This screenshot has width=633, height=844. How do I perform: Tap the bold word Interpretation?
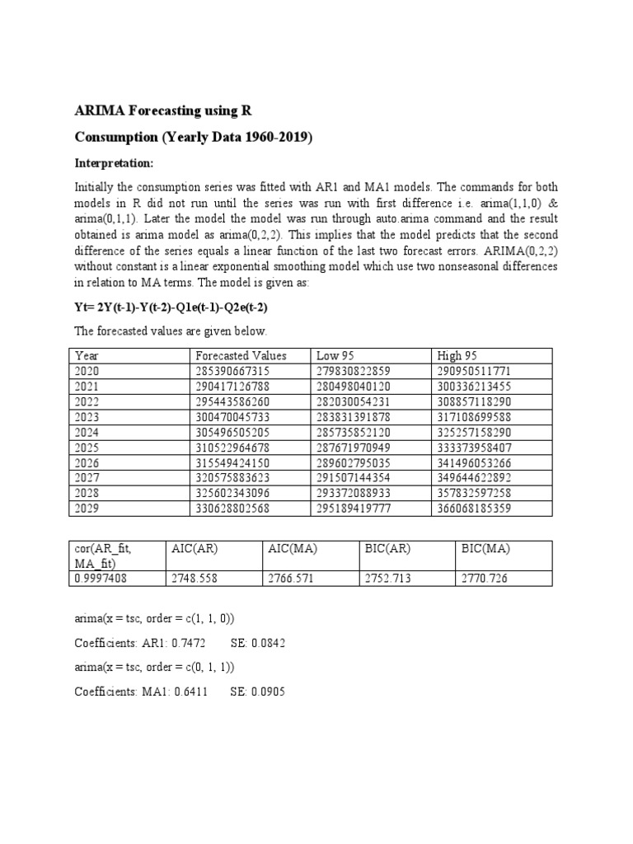click(114, 162)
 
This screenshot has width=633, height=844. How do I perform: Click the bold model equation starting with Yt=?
click(171, 307)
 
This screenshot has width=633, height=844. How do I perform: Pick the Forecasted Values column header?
click(241, 355)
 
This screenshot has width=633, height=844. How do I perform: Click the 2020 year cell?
click(87, 371)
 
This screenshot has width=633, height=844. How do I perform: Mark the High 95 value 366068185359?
click(475, 508)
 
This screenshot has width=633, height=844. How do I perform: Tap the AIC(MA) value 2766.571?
click(291, 579)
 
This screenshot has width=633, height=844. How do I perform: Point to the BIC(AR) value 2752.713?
click(387, 579)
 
